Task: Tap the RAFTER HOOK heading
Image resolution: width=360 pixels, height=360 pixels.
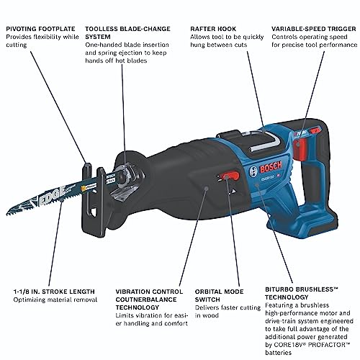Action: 212,31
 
